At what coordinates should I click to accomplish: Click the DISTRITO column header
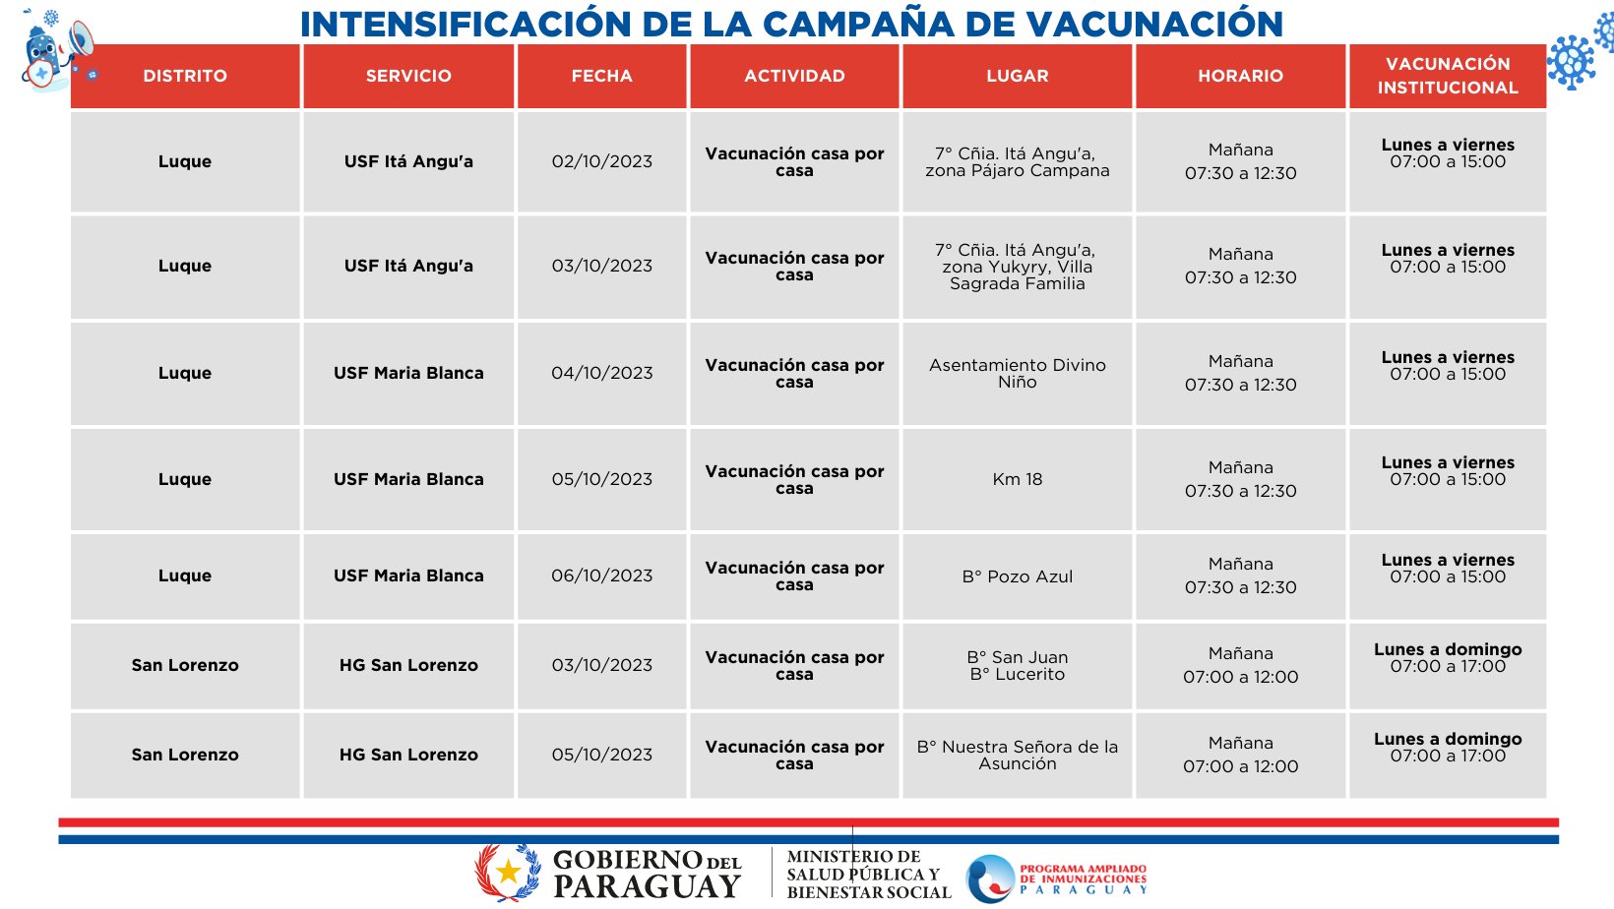click(x=185, y=76)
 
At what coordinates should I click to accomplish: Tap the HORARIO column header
click(x=1240, y=76)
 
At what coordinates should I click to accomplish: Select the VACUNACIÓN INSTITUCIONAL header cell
click(x=1447, y=76)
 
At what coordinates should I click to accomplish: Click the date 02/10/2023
click(x=601, y=161)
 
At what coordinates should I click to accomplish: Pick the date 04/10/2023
click(x=601, y=373)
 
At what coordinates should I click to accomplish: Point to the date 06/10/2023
click(x=601, y=576)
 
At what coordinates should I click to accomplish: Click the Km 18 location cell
click(x=1017, y=479)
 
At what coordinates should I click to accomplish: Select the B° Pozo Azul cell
click(x=1017, y=576)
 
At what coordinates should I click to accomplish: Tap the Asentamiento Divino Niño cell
click(x=1017, y=373)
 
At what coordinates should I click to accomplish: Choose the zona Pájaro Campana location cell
click(x=1017, y=162)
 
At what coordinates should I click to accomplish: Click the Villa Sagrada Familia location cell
click(x=1017, y=267)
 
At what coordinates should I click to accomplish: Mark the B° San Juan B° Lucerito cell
click(x=1017, y=665)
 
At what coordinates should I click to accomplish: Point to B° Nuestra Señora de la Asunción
click(x=1017, y=755)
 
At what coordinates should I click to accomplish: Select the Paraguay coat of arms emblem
click(x=508, y=872)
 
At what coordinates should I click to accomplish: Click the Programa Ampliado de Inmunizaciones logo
click(x=1057, y=878)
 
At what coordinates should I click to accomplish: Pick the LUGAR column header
click(x=1017, y=76)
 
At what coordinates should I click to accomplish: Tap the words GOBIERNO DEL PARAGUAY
click(x=647, y=874)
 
